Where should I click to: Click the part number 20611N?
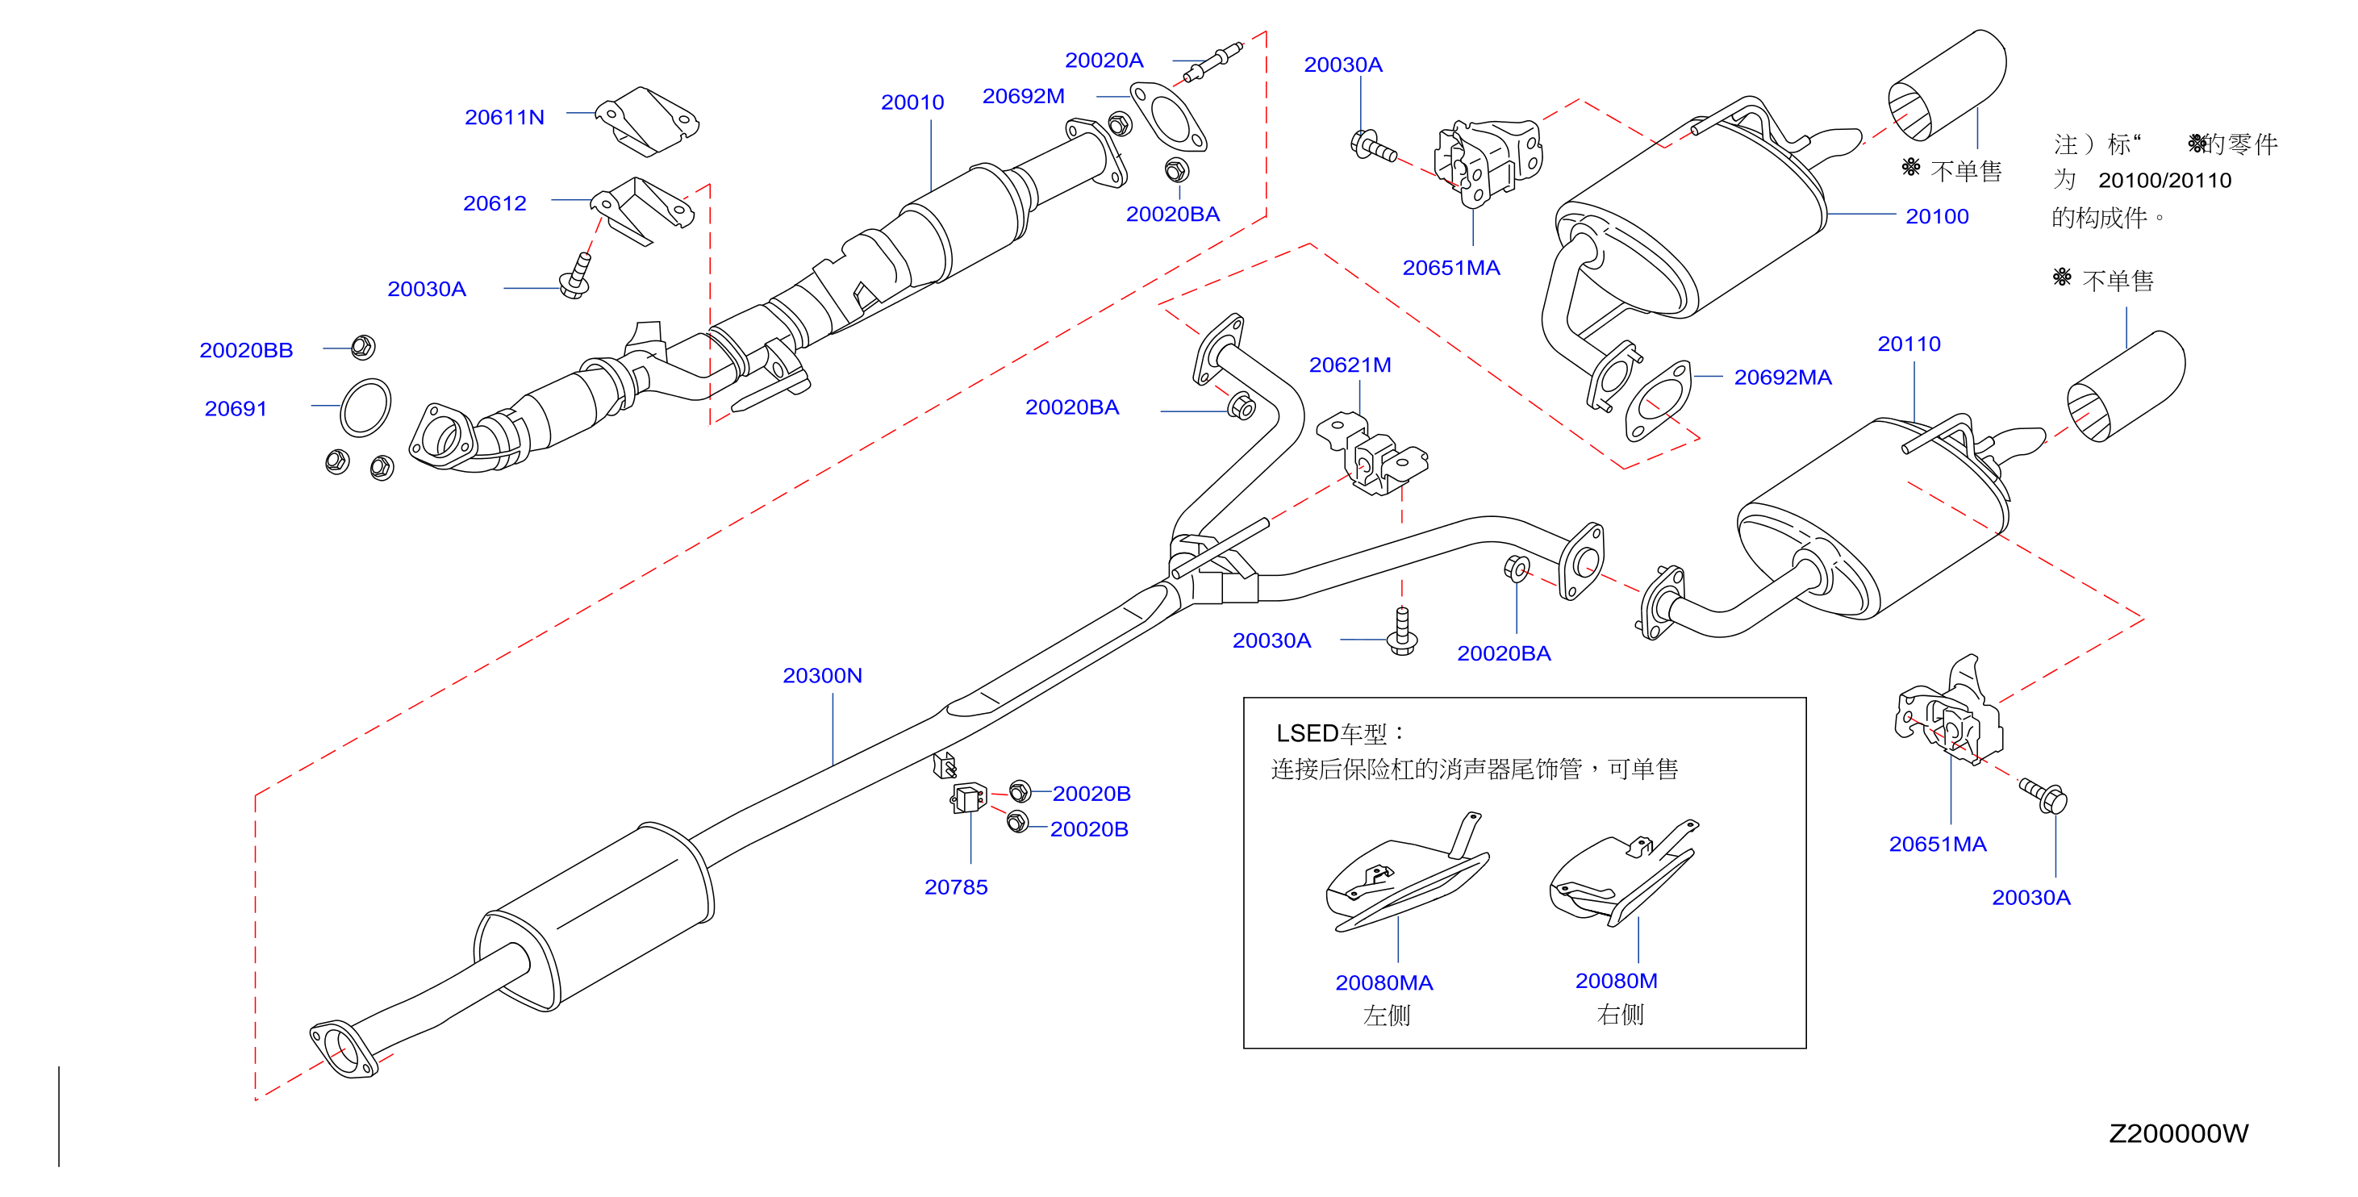point(504,117)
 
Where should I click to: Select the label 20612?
point(495,203)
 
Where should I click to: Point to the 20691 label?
point(236,408)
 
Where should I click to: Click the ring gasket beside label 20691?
point(365,408)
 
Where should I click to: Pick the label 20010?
point(912,102)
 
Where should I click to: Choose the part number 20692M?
point(1024,96)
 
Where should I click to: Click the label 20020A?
point(1104,60)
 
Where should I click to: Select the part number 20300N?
point(822,675)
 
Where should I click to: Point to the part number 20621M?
point(1350,365)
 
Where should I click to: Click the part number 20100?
point(1937,216)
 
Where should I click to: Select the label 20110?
point(1909,344)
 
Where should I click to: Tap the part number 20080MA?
point(1384,983)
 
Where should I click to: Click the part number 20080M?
point(1616,981)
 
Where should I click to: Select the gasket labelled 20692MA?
point(1658,401)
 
